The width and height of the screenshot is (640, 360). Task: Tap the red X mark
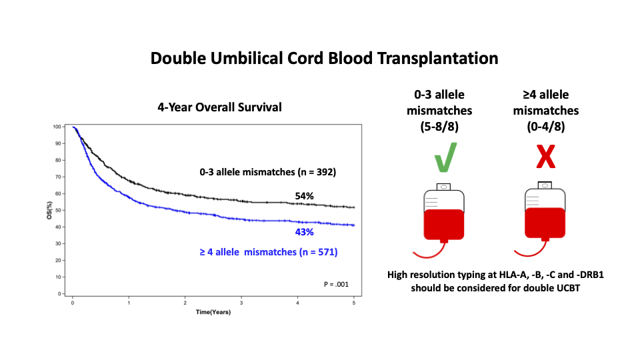pyautogui.click(x=546, y=157)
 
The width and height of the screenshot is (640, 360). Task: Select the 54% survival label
pyautogui.click(x=305, y=196)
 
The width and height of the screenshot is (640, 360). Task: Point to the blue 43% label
pyautogui.click(x=305, y=232)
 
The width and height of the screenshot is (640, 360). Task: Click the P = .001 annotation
pyautogui.click(x=336, y=284)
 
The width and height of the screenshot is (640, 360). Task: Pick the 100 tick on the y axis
pyautogui.click(x=57, y=127)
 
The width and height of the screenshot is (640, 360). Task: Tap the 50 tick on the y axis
pyautogui.click(x=58, y=210)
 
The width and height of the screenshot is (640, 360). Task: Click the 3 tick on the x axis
pyautogui.click(x=241, y=303)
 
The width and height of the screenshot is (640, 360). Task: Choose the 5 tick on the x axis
pyautogui.click(x=354, y=303)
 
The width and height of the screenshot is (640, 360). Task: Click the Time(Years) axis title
pyautogui.click(x=213, y=312)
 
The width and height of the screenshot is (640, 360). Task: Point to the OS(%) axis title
pyautogui.click(x=49, y=210)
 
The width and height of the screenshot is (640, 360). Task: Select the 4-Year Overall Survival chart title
pyautogui.click(x=219, y=107)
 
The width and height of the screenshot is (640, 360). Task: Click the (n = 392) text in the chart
pyautogui.click(x=317, y=172)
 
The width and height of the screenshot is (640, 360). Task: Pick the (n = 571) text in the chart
pyautogui.click(x=319, y=252)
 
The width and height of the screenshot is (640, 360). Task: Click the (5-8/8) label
pyautogui.click(x=439, y=127)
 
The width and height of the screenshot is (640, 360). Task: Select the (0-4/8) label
pyautogui.click(x=546, y=127)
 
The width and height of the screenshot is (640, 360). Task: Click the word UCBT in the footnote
pyautogui.click(x=568, y=288)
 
